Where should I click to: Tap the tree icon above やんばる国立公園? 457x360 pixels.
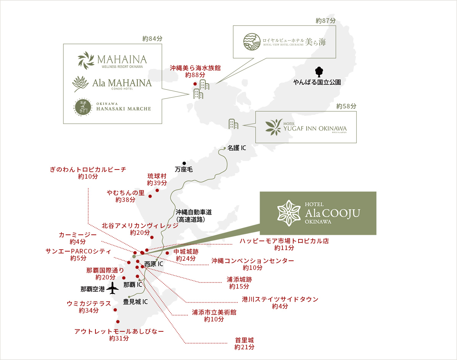pyautogui.click(x=319, y=71)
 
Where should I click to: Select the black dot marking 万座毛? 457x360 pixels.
pyautogui.click(x=184, y=163)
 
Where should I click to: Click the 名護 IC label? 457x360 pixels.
pyautogui.click(x=237, y=147)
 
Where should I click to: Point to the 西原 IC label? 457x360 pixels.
pyautogui.click(x=153, y=264)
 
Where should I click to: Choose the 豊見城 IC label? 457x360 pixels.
pyautogui.click(x=135, y=302)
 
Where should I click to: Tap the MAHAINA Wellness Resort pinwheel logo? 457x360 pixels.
pyautogui.click(x=86, y=60)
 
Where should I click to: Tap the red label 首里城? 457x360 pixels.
pyautogui.click(x=244, y=340)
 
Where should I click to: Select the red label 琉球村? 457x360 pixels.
pyautogui.click(x=157, y=176)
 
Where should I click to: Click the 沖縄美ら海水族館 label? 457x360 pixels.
pyautogui.click(x=195, y=68)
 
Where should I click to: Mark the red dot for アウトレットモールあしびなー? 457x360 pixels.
pyautogui.click(x=118, y=321)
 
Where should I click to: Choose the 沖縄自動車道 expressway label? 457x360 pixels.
pyautogui.click(x=194, y=212)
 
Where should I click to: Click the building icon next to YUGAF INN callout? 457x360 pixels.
pyautogui.click(x=233, y=124)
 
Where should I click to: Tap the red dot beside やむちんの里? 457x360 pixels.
pyautogui.click(x=150, y=196)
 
